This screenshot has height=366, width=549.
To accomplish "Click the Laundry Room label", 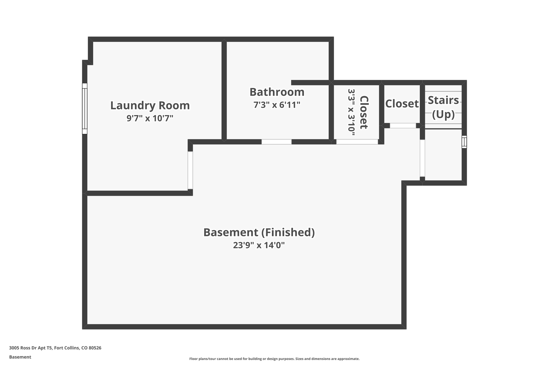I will tap(150, 105).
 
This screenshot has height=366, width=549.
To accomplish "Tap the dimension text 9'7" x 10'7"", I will tap(150, 118).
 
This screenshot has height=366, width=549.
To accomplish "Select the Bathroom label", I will tap(277, 92).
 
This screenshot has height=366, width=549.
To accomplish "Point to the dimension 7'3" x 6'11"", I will tap(277, 105).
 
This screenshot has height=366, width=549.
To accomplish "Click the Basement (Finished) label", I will tap(259, 232).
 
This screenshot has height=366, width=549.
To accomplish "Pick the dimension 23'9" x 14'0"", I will tap(259, 245).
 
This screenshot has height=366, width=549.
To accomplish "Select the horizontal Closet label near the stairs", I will tap(402, 103).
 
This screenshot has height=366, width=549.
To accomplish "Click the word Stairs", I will tap(443, 100).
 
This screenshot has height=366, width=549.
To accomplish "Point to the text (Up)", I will tap(443, 114).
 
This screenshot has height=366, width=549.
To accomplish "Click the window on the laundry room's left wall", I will tap(85, 109).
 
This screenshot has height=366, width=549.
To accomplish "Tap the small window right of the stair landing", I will tap(464, 142).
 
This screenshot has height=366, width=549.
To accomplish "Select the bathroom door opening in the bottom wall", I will tap(276, 142).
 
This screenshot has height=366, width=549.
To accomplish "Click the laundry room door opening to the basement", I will tap(190, 170).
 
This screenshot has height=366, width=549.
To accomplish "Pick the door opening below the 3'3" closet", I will tap(357, 142).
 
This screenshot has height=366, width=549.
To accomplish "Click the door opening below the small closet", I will tap(403, 125).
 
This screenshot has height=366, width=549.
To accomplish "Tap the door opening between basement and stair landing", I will tap(422, 158).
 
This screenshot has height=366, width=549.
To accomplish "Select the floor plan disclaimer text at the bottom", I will tap(274, 359).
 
